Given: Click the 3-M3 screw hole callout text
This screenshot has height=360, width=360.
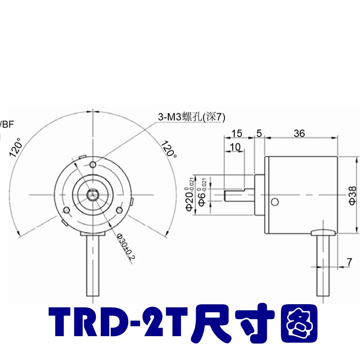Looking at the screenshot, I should (x=190, y=117).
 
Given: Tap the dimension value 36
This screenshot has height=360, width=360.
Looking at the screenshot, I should (x=299, y=133).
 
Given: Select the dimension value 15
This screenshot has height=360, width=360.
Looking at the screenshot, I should (x=237, y=133).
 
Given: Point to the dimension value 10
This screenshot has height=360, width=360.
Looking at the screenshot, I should (x=234, y=147).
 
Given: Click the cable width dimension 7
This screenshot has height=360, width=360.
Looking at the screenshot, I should (x=349, y=261).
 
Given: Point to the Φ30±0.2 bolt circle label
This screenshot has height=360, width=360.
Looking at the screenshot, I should (x=126, y=247).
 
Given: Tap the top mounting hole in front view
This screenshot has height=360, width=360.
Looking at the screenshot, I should (x=93, y=163).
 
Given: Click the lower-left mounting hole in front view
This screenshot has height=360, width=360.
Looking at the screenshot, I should (x=67, y=210).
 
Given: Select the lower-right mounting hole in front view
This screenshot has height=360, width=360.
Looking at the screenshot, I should (x=119, y=210).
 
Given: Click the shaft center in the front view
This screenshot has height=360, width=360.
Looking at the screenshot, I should (x=93, y=195).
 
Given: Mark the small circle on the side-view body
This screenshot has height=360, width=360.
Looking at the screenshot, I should (x=273, y=201).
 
